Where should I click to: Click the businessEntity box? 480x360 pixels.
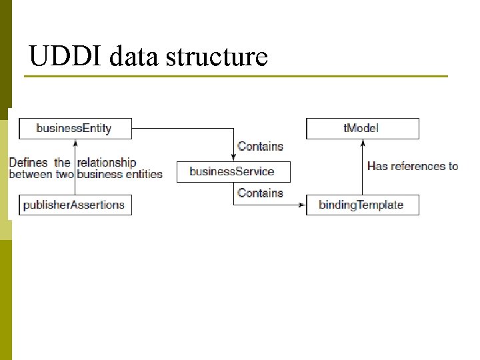(x=75, y=128)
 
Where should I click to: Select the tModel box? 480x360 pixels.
(x=362, y=128)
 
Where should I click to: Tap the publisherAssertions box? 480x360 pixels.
(x=75, y=205)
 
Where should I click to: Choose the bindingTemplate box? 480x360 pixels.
(x=362, y=205)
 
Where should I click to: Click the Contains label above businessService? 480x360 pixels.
(x=260, y=147)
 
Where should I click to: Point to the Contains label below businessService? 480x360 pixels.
(x=260, y=193)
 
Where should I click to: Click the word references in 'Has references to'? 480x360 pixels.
(x=419, y=166)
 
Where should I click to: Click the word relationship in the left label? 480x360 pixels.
(x=107, y=162)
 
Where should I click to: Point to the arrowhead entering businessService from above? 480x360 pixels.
(x=233, y=157)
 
